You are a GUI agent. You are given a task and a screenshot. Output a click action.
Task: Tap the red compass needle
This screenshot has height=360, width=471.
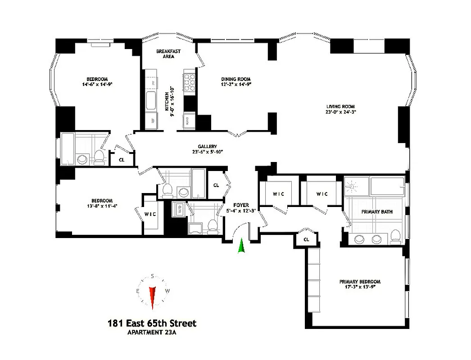click(153, 297)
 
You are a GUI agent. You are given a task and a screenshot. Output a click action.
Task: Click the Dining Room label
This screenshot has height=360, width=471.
click(235, 79)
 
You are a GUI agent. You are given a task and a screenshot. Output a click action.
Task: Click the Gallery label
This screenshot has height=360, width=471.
click(207, 146)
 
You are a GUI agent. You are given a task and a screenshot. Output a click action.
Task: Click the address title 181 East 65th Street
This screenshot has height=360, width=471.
click(152, 323)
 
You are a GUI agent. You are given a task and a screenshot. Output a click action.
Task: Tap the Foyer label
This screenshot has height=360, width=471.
click(241, 205)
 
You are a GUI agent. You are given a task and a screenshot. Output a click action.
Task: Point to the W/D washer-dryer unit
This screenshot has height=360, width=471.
click(179, 210)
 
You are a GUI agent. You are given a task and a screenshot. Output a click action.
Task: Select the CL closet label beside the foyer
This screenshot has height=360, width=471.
click(216, 185)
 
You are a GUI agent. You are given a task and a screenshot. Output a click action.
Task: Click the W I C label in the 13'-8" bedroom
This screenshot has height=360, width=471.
click(150, 214)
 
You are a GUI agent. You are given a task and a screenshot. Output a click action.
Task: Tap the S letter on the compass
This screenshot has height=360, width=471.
click(153, 276)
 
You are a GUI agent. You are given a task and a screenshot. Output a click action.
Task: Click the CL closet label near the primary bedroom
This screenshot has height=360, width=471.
click(306, 239)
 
